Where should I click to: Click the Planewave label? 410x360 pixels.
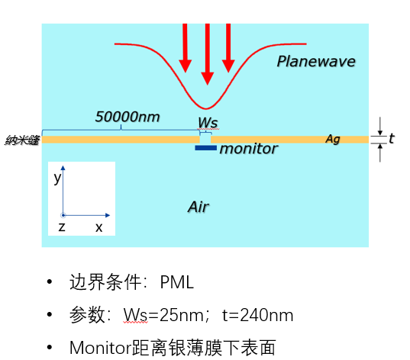pyautogui.click(x=316, y=62)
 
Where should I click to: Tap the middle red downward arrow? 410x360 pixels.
pyautogui.click(x=208, y=54)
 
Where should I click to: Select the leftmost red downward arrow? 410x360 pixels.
pyautogui.click(x=185, y=48)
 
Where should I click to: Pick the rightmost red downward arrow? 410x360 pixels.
pyautogui.click(x=228, y=48)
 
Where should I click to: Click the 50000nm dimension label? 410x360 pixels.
pyautogui.click(x=128, y=117)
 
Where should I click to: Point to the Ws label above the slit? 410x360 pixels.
pyautogui.click(x=208, y=122)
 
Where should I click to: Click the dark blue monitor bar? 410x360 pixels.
pyautogui.click(x=206, y=148)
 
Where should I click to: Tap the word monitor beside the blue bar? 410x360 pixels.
pyautogui.click(x=248, y=149)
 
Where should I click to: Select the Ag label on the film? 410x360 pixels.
pyautogui.click(x=333, y=139)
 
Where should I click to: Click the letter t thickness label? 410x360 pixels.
pyautogui.click(x=391, y=139)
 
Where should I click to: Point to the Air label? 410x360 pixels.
pyautogui.click(x=199, y=207)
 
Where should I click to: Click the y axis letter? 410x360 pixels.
pyautogui.click(x=57, y=178)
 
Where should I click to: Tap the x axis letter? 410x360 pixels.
pyautogui.click(x=98, y=227)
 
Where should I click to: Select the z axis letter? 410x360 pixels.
pyautogui.click(x=62, y=227)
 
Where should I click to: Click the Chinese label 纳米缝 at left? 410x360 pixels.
pyautogui.click(x=22, y=140)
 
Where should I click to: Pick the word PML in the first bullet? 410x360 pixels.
pyautogui.click(x=177, y=282)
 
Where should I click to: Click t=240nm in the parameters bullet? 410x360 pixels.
pyautogui.click(x=257, y=315)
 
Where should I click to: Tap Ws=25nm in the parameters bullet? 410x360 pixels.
pyautogui.click(x=163, y=315)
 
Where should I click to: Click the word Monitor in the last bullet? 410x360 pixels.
pyautogui.click(x=101, y=348)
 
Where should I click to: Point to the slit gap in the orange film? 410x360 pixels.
pyautogui.click(x=205, y=140)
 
